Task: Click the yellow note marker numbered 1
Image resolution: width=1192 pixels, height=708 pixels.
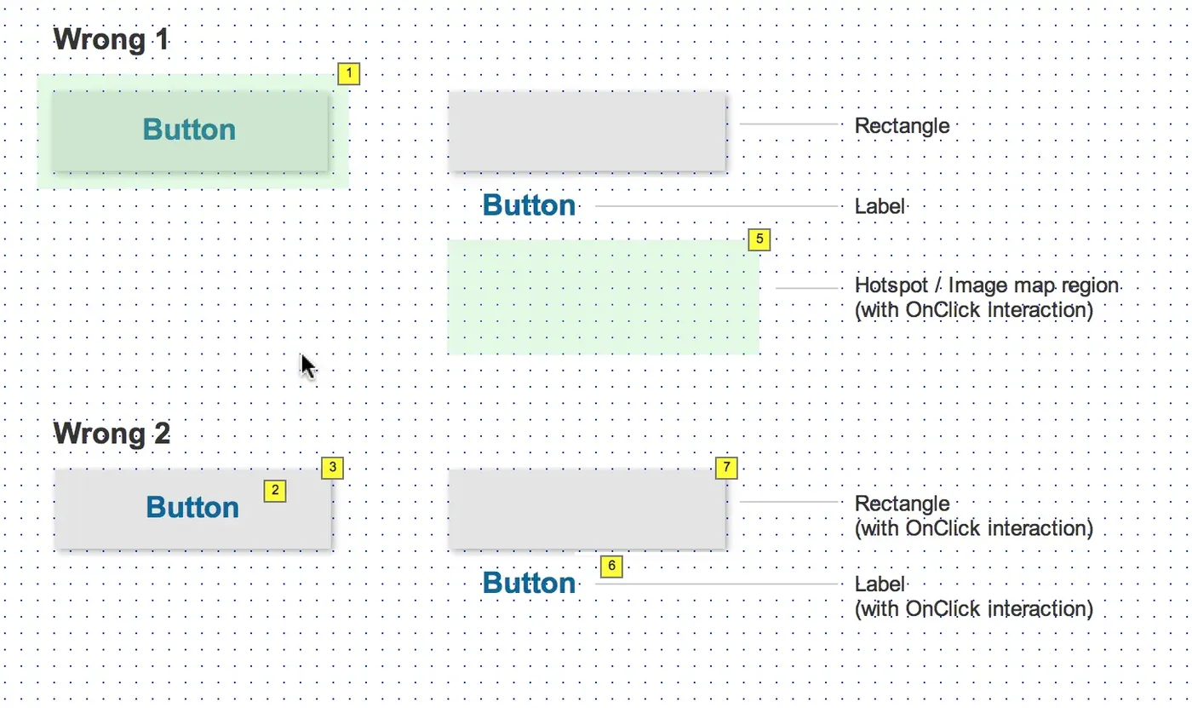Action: pyautogui.click(x=348, y=73)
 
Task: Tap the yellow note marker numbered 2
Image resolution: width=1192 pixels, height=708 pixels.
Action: pyautogui.click(x=274, y=491)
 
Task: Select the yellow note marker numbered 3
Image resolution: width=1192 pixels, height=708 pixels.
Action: pyautogui.click(x=333, y=468)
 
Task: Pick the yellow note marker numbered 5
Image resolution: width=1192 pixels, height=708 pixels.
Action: pyautogui.click(x=759, y=239)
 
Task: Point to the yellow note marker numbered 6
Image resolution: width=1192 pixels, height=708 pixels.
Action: pyautogui.click(x=611, y=567)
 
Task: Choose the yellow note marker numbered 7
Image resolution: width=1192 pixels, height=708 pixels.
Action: pyautogui.click(x=726, y=468)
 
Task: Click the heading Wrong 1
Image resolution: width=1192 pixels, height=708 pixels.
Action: pyautogui.click(x=112, y=39)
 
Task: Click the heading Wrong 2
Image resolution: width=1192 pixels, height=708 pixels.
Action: pyautogui.click(x=112, y=433)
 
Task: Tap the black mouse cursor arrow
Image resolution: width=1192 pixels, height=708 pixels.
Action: pyautogui.click(x=308, y=366)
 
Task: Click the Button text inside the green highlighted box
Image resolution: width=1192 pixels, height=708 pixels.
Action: pyautogui.click(x=189, y=130)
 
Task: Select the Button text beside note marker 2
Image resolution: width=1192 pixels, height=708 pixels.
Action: pyautogui.click(x=192, y=507)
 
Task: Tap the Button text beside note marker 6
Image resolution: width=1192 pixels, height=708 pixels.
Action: pyautogui.click(x=529, y=583)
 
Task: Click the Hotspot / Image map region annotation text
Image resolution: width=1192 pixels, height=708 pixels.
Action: pyautogui.click(x=987, y=297)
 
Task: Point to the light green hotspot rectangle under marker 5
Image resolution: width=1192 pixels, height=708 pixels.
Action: pyautogui.click(x=604, y=297)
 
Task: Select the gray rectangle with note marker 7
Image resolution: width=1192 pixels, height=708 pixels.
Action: pyautogui.click(x=587, y=509)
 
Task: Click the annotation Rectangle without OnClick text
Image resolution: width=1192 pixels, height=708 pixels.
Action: pyautogui.click(x=902, y=126)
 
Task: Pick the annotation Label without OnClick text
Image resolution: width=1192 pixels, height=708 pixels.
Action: pyautogui.click(x=880, y=206)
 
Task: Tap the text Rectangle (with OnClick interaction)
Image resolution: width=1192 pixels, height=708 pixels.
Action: pyautogui.click(x=974, y=515)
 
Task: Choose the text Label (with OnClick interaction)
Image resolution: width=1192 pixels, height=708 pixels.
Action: pyautogui.click(x=974, y=596)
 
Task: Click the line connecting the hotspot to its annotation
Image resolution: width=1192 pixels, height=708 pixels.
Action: pyautogui.click(x=807, y=288)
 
